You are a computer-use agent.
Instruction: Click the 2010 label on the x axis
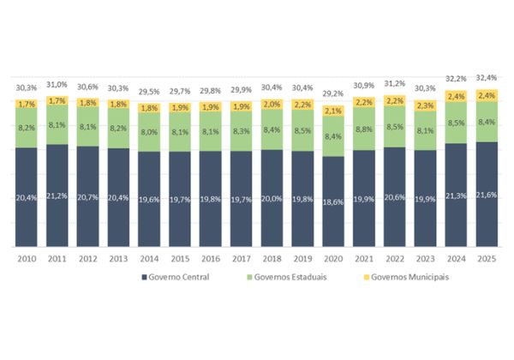point(26,257)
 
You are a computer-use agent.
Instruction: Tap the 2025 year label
point(486,257)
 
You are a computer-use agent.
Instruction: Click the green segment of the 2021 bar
point(363,130)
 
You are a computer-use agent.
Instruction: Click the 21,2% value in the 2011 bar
point(57,197)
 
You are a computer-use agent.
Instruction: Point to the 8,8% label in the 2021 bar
point(363,130)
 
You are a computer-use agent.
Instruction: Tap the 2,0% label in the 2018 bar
point(272,105)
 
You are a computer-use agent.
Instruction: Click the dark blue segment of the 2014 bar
point(148,200)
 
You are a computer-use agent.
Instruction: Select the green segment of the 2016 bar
point(210,132)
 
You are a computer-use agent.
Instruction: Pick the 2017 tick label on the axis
point(241,257)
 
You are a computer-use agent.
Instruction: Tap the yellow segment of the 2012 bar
point(87,103)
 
